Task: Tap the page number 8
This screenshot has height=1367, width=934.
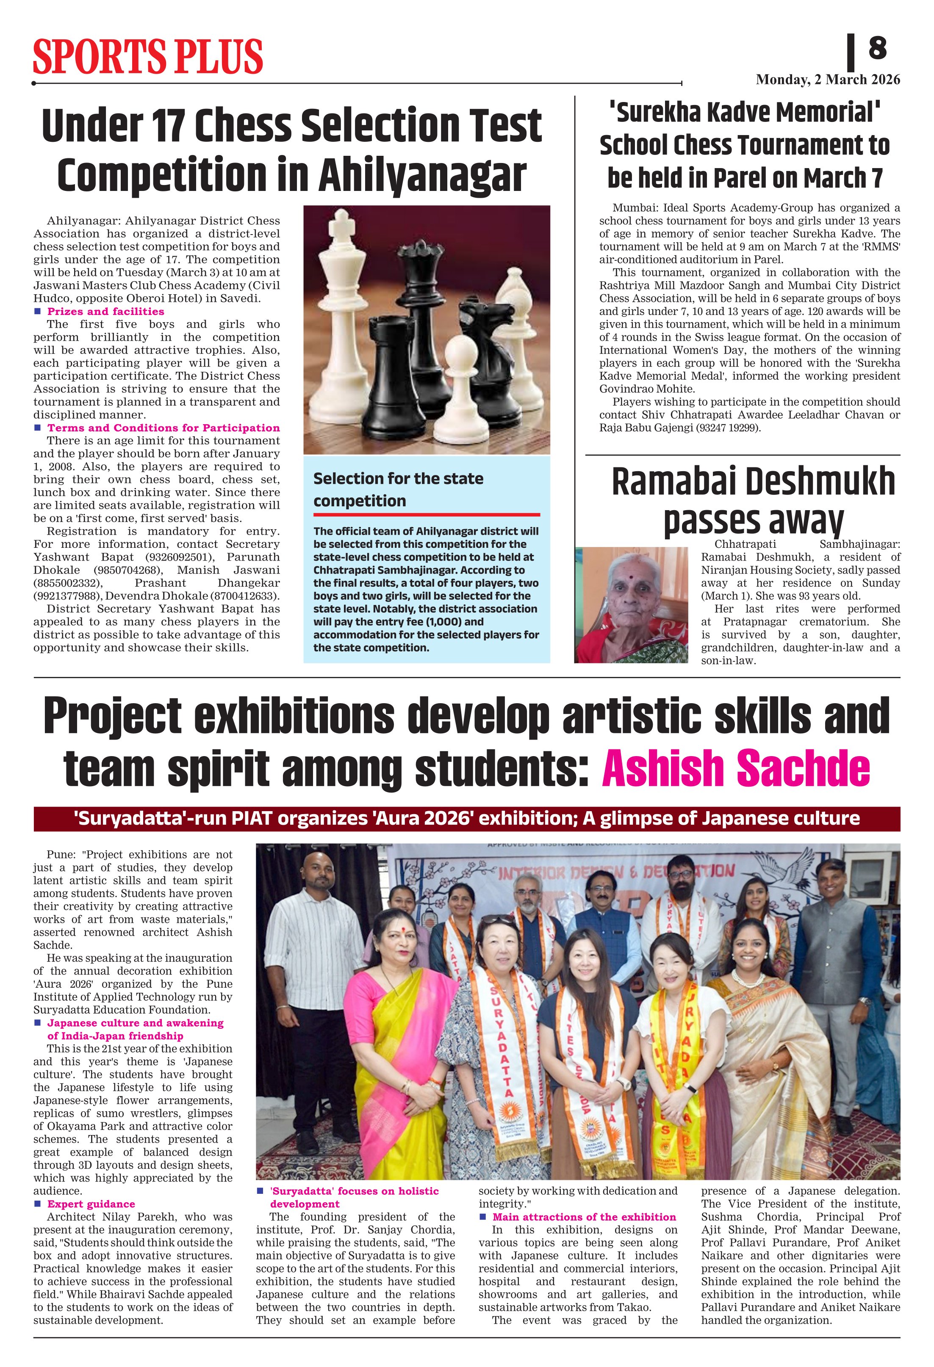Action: (x=877, y=48)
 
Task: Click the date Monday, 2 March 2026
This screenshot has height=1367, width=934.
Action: (x=828, y=80)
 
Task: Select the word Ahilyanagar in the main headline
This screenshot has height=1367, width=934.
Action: (x=422, y=175)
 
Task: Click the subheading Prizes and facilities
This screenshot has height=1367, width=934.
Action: (x=105, y=311)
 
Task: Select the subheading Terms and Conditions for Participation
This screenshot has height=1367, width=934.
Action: (x=163, y=428)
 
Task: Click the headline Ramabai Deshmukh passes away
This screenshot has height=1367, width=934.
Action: (x=753, y=501)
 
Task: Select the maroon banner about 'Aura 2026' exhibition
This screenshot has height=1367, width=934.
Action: (x=467, y=819)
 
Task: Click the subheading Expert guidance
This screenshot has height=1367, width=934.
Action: (x=91, y=1204)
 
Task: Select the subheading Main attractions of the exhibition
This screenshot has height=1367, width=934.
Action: (x=584, y=1217)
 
